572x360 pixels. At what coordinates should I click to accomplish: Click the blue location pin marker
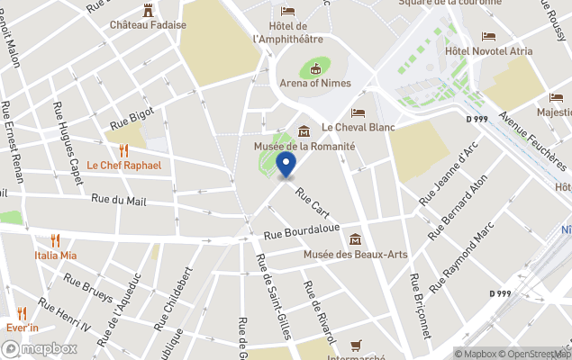pos(286,166)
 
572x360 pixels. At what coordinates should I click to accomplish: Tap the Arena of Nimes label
pos(316,85)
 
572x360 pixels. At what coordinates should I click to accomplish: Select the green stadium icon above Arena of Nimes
pos(315,67)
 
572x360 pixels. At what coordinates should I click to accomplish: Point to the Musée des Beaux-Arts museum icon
pos(356,239)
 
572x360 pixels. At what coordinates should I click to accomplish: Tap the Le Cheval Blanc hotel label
pos(359,127)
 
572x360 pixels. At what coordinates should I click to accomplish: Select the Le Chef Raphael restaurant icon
pos(124,150)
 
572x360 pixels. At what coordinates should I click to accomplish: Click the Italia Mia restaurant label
pos(56,255)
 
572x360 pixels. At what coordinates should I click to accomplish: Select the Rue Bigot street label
pos(132,118)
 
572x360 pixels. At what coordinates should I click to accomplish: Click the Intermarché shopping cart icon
pos(356,345)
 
